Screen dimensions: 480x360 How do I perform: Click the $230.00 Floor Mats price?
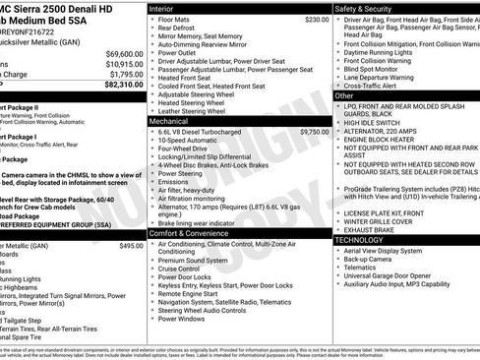point(317,19)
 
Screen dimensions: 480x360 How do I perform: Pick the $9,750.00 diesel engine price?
point(314,131)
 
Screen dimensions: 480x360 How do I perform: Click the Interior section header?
point(161,7)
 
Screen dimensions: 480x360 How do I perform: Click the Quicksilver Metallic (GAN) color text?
point(44,41)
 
